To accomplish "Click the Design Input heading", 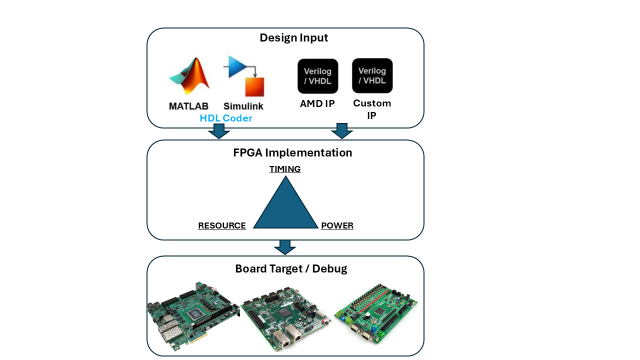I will point(293,38).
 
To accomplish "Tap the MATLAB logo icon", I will point(188,76).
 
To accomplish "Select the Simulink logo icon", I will point(245,75).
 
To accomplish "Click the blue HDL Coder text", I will point(226,118).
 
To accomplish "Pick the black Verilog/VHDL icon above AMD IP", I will point(317,76).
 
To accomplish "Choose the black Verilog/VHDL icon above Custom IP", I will point(372,75).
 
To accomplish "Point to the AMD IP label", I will point(317,104).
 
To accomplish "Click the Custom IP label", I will point(372,109).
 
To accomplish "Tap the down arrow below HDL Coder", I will point(218,131).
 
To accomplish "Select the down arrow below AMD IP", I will point(342,131).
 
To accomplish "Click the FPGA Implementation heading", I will point(292,152).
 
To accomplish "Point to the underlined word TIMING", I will point(285,169).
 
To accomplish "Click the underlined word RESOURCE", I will point(222,225).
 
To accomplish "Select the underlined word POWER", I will point(337,225).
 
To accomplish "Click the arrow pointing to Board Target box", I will point(285,247).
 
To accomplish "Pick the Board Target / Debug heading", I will point(291,268).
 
